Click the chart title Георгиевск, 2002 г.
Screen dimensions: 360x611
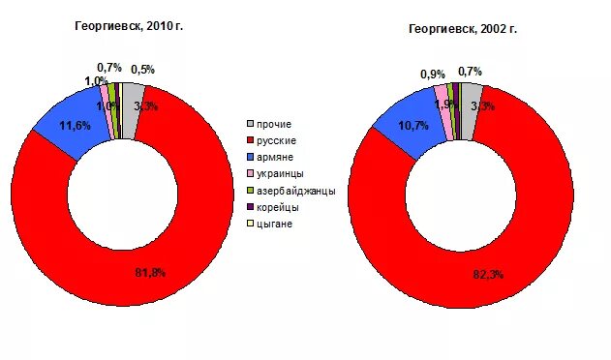click(x=462, y=30)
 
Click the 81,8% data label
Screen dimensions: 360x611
click(x=148, y=273)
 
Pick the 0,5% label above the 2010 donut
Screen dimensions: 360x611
click(x=142, y=70)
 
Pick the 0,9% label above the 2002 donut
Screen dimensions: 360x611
click(x=433, y=74)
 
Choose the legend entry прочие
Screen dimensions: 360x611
click(x=274, y=124)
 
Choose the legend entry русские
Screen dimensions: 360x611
click(x=277, y=140)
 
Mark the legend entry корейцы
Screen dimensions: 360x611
click(x=279, y=207)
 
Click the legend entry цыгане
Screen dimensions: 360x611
click(x=276, y=224)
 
